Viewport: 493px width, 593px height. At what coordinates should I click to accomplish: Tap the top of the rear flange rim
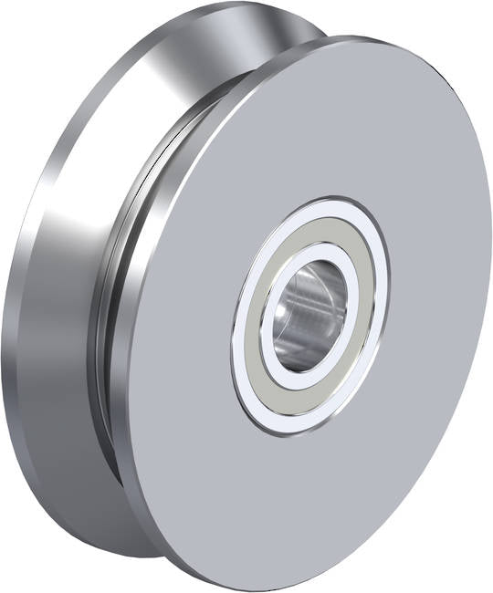[228, 6]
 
